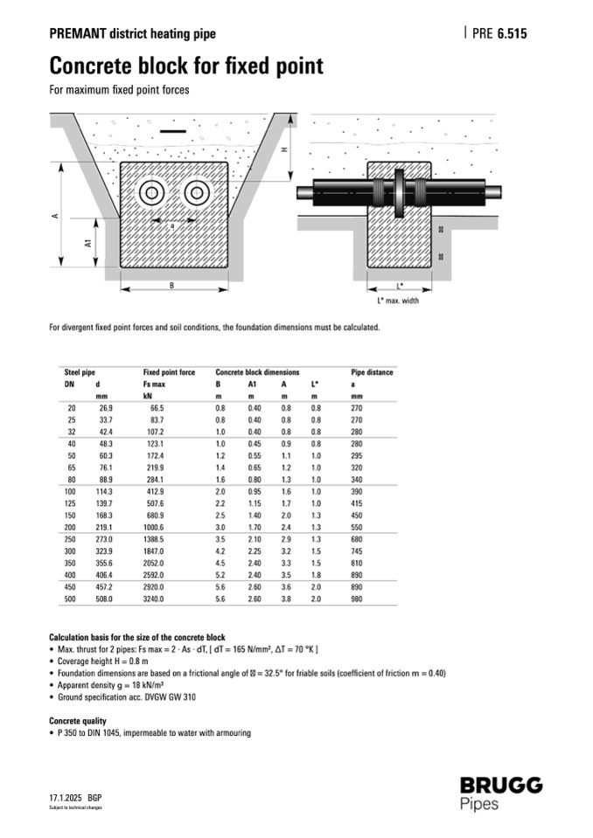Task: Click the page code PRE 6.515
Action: [x=499, y=34]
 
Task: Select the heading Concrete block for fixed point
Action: [x=186, y=66]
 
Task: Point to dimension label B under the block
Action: [x=171, y=285]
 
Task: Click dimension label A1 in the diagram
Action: [x=88, y=245]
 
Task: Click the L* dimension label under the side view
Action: [x=400, y=286]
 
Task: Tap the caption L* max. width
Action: [x=398, y=301]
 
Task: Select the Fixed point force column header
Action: [x=169, y=372]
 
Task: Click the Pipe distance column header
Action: [x=372, y=372]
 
